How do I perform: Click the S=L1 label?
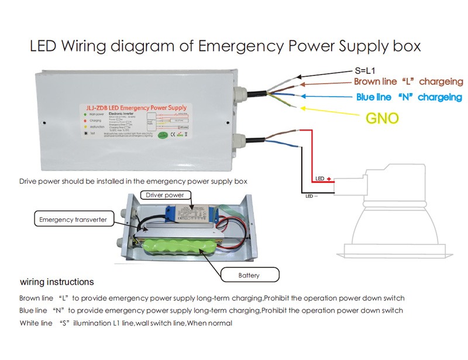coord(370,70)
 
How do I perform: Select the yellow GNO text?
coord(382,118)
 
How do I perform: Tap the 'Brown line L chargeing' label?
coord(407,83)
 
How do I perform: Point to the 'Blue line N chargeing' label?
coord(409,97)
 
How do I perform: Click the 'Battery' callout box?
coord(248,275)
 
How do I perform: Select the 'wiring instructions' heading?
coord(56,282)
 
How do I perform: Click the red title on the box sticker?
coord(134,108)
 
